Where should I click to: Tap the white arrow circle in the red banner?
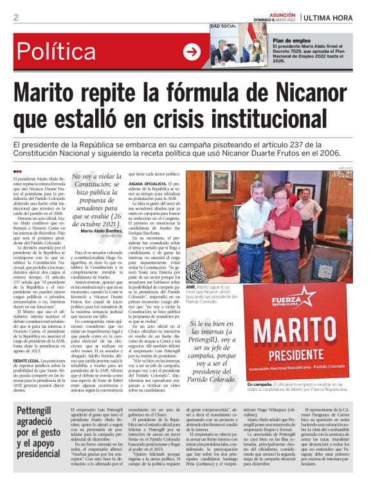(x=192, y=51)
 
